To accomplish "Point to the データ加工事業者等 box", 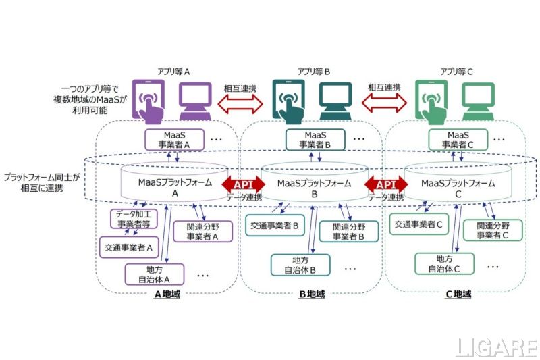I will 134,218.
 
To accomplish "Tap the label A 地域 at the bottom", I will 167,294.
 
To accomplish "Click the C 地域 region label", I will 458,294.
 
